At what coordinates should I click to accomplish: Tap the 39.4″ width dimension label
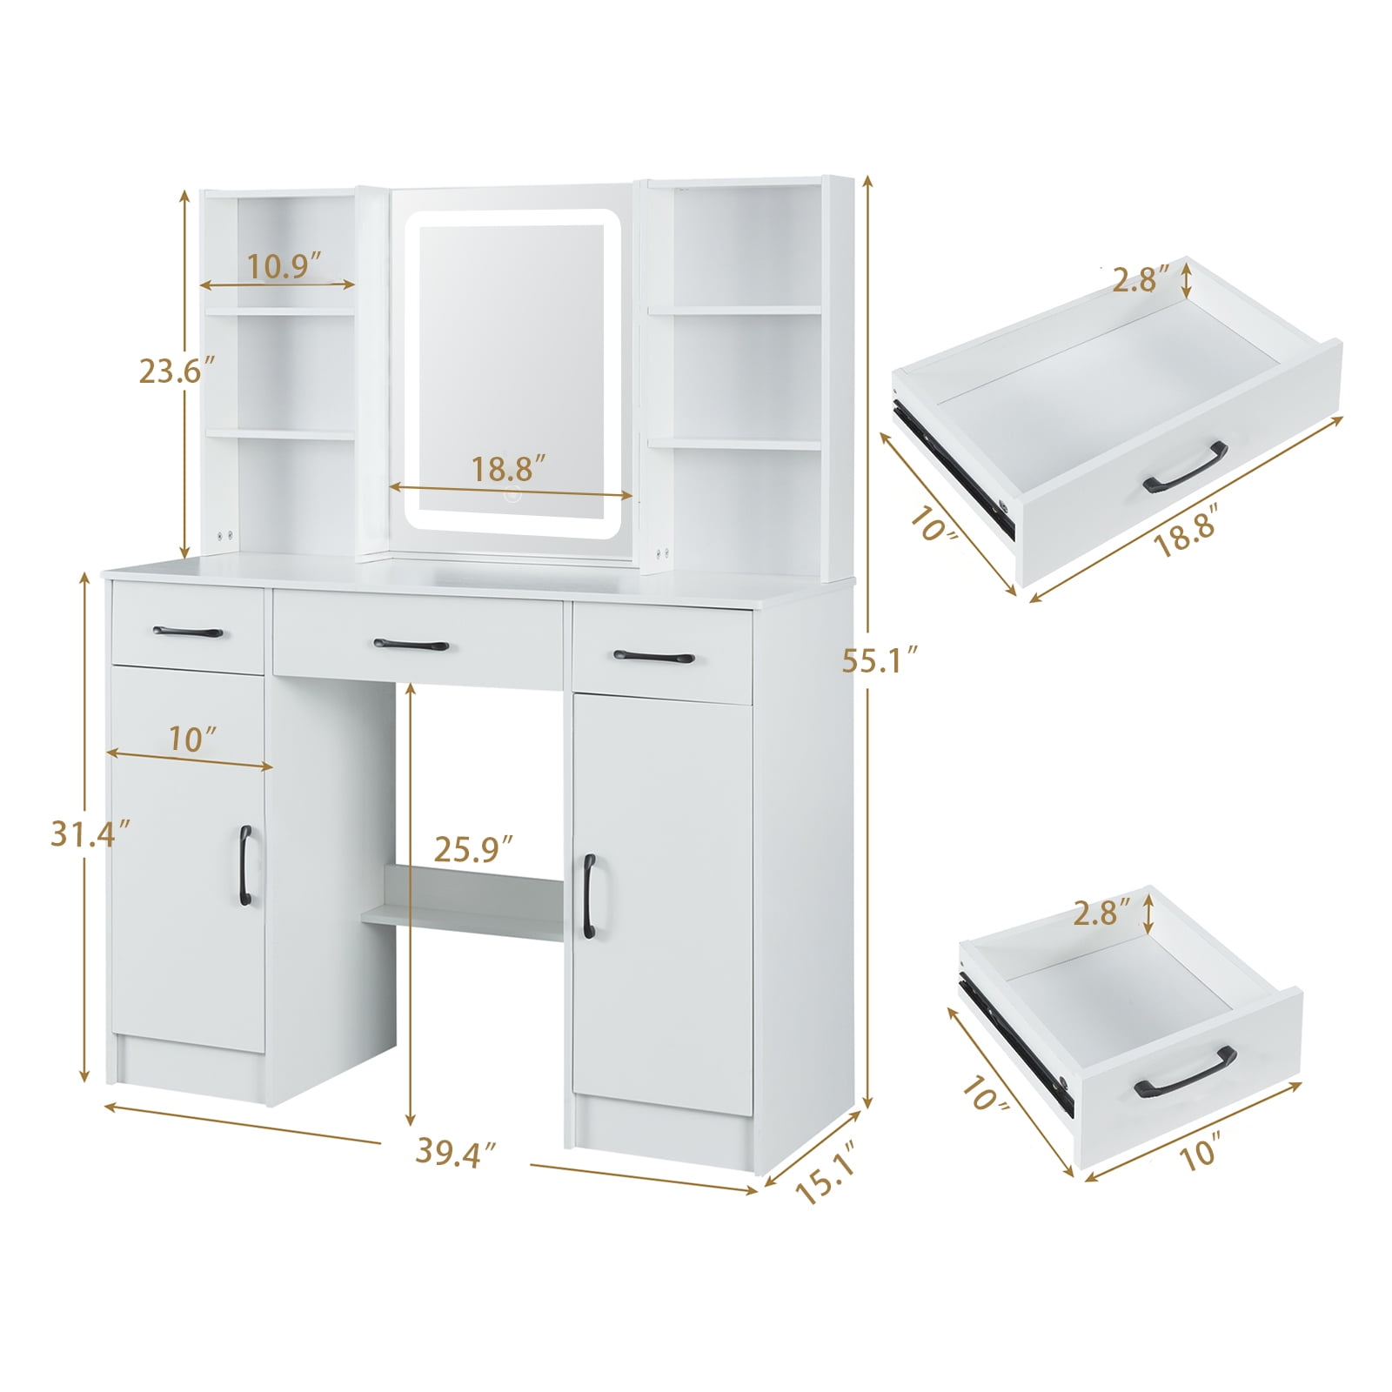(x=455, y=1152)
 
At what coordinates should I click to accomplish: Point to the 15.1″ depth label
(x=820, y=1175)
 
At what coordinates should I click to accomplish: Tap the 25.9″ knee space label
(x=474, y=849)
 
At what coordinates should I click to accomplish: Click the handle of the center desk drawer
(x=412, y=645)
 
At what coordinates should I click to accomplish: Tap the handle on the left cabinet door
(x=245, y=866)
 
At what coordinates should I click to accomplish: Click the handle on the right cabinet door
(x=589, y=896)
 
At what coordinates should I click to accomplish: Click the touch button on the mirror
(x=512, y=495)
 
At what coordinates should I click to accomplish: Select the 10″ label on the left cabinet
(x=193, y=739)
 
